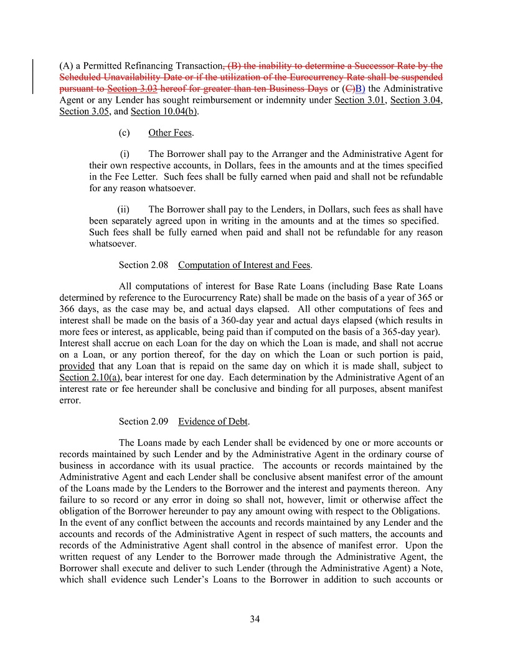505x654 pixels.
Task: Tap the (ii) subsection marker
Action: pos(123,209)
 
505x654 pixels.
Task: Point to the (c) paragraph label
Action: pos(124,133)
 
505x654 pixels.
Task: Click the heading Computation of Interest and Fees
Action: pos(244,265)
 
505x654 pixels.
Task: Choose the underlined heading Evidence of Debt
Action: pos(213,421)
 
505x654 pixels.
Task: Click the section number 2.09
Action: pos(159,421)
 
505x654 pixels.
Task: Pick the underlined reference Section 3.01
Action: pos(359,100)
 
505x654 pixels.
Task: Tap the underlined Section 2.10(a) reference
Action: pos(90,377)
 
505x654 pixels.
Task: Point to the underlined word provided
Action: pos(77,366)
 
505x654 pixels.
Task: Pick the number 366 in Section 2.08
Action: pos(67,309)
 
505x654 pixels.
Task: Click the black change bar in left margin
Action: pos(33,76)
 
